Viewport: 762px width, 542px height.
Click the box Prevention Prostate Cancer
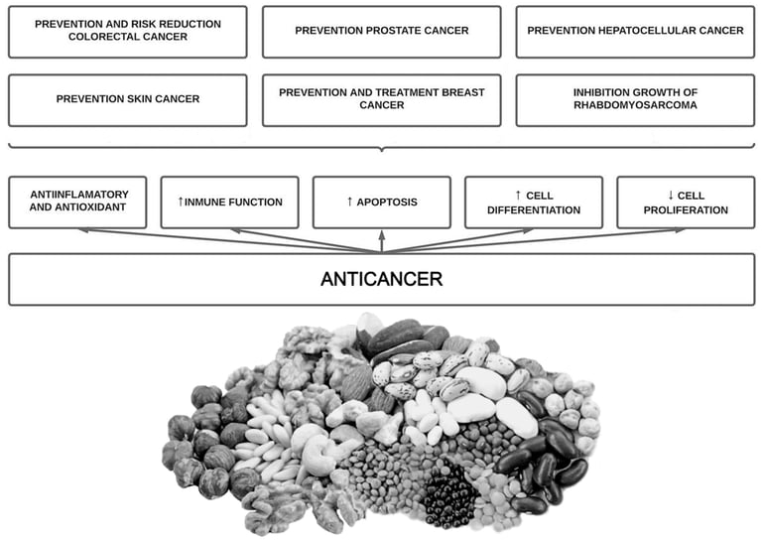click(381, 31)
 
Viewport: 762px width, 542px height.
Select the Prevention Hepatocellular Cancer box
click(635, 31)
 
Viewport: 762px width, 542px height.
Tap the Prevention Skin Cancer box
click(127, 99)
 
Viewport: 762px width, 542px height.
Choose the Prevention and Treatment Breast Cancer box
click(381, 99)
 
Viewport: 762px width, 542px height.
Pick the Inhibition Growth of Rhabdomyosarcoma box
click(635, 99)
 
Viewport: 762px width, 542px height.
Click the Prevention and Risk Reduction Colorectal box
click(127, 31)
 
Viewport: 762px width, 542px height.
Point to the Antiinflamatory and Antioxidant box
click(77, 203)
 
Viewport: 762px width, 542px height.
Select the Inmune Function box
click(229, 203)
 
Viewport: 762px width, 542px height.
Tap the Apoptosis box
click(381, 203)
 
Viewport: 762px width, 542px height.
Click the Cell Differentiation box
click(534, 203)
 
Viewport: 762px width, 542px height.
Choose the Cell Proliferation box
click(686, 203)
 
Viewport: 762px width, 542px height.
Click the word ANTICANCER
click(381, 280)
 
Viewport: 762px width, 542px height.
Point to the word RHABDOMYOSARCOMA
click(635, 105)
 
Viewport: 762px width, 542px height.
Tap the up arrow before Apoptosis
click(349, 203)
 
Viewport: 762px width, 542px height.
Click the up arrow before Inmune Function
click(181, 203)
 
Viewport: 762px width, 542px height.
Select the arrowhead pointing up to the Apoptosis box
click(381, 234)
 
